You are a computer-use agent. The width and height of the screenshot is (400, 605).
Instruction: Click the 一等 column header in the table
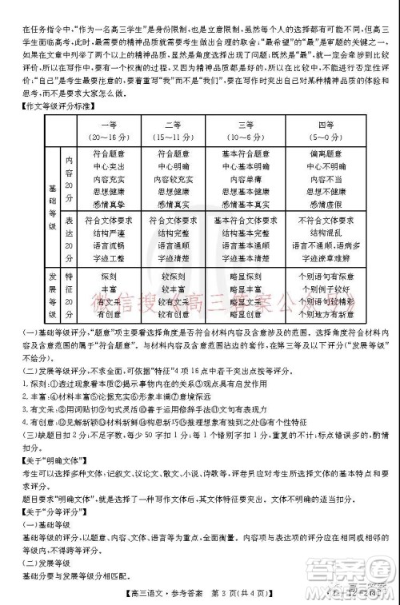coord(110,125)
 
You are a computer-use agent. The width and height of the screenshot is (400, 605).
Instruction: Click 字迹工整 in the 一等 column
coord(110,258)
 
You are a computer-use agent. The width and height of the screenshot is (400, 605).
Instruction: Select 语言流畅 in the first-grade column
coord(110,245)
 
